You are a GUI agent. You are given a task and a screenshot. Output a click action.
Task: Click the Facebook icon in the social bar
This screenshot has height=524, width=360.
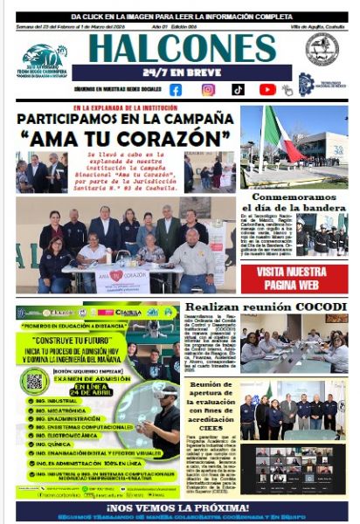pos(176,89)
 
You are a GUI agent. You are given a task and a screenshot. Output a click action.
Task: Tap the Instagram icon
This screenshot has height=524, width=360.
pos(208,89)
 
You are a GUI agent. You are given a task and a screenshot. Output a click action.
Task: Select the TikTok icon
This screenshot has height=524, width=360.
pos(238,89)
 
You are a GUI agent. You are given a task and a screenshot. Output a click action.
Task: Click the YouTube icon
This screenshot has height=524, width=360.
pos(267,89)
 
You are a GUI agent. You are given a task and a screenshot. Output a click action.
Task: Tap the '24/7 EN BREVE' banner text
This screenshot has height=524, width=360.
pos(181,72)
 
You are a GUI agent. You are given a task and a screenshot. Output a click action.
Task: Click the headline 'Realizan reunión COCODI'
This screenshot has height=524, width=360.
pos(265,307)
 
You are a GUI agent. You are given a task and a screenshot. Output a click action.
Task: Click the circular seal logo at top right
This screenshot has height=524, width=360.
pos(322,50)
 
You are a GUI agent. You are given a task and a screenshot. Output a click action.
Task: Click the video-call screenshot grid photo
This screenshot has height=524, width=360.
pos(299,470)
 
